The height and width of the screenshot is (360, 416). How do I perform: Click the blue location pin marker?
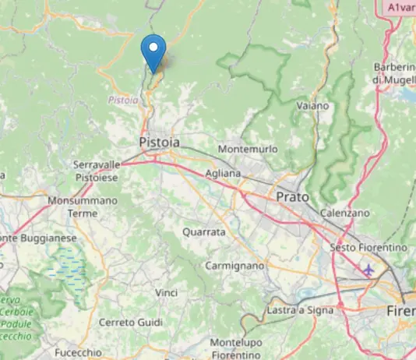[x=154, y=52]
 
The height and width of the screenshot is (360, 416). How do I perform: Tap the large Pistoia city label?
[x=159, y=143]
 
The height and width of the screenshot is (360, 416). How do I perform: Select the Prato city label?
[x=293, y=197]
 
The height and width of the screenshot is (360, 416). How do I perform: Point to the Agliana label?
[x=223, y=174]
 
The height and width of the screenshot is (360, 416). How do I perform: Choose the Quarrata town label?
[x=203, y=232]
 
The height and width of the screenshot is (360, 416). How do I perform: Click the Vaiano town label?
[x=313, y=104]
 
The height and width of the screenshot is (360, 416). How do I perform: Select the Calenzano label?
[x=345, y=212]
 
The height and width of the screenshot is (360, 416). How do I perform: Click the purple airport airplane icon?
[x=368, y=270]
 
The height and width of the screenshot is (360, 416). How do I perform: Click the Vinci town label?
[x=167, y=292]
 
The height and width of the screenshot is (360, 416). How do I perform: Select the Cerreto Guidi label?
[x=131, y=322]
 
